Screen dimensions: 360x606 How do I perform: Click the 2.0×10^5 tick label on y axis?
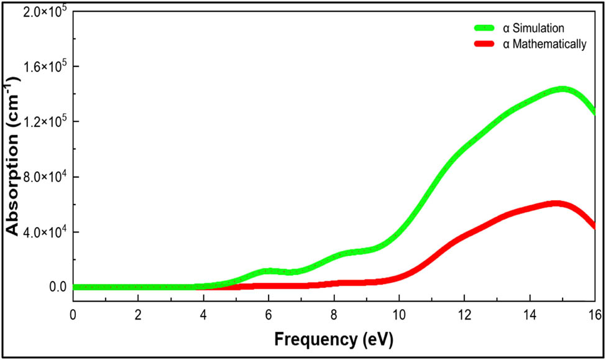pos(42,12)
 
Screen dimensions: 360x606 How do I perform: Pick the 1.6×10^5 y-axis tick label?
pos(42,67)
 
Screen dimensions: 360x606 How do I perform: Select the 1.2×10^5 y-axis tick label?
pos(42,122)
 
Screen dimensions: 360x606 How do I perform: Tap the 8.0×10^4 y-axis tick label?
pos(42,177)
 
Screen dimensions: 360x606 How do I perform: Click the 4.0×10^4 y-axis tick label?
pos(42,232)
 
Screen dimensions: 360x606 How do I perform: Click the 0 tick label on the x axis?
pos(73,314)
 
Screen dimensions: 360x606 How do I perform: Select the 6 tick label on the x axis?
pos(269,314)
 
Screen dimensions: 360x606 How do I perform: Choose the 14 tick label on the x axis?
pos(529,314)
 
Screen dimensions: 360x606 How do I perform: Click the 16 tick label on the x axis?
pos(594,314)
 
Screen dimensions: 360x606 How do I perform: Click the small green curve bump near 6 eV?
pos(269,271)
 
